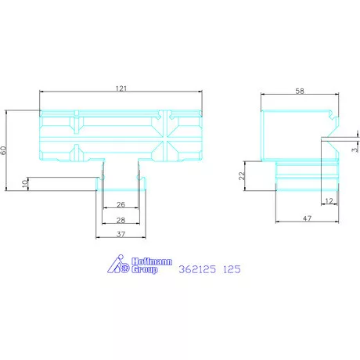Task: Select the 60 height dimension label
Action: tap(4, 149)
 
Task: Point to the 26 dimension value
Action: tap(120, 205)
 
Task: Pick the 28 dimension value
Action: tap(120, 221)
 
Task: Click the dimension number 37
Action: tap(120, 234)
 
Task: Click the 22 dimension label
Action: tap(242, 176)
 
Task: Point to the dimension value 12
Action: tap(327, 202)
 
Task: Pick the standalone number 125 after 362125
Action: tap(230, 269)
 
